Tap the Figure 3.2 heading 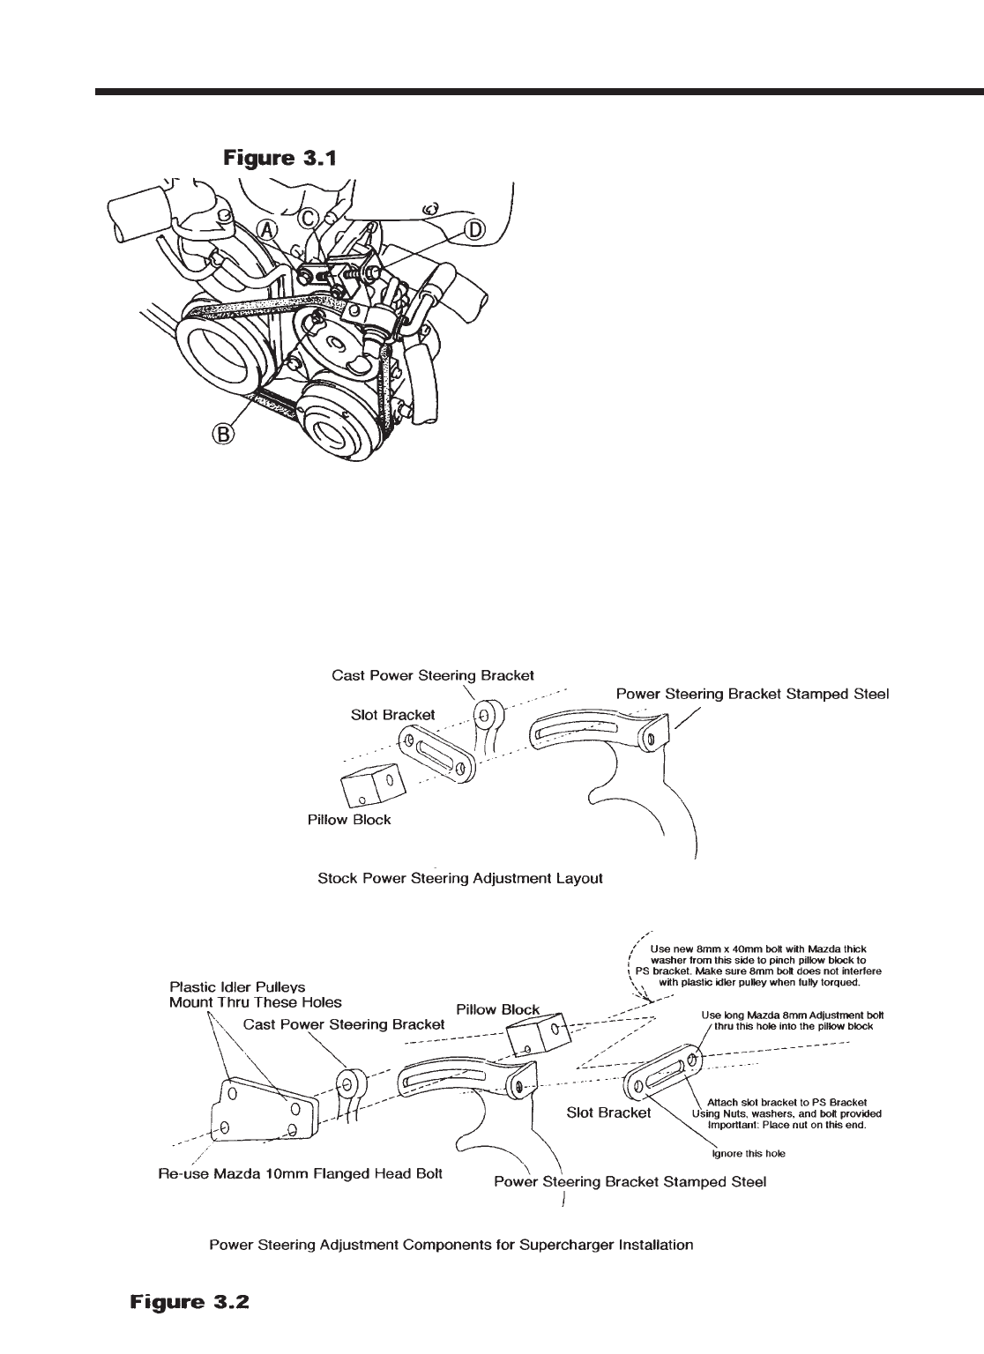point(190,1301)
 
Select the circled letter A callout point(267,232)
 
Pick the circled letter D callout point(473,230)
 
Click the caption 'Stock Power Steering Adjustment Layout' point(459,880)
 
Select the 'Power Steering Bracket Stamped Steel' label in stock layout point(751,695)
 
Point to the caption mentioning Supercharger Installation point(451,1246)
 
